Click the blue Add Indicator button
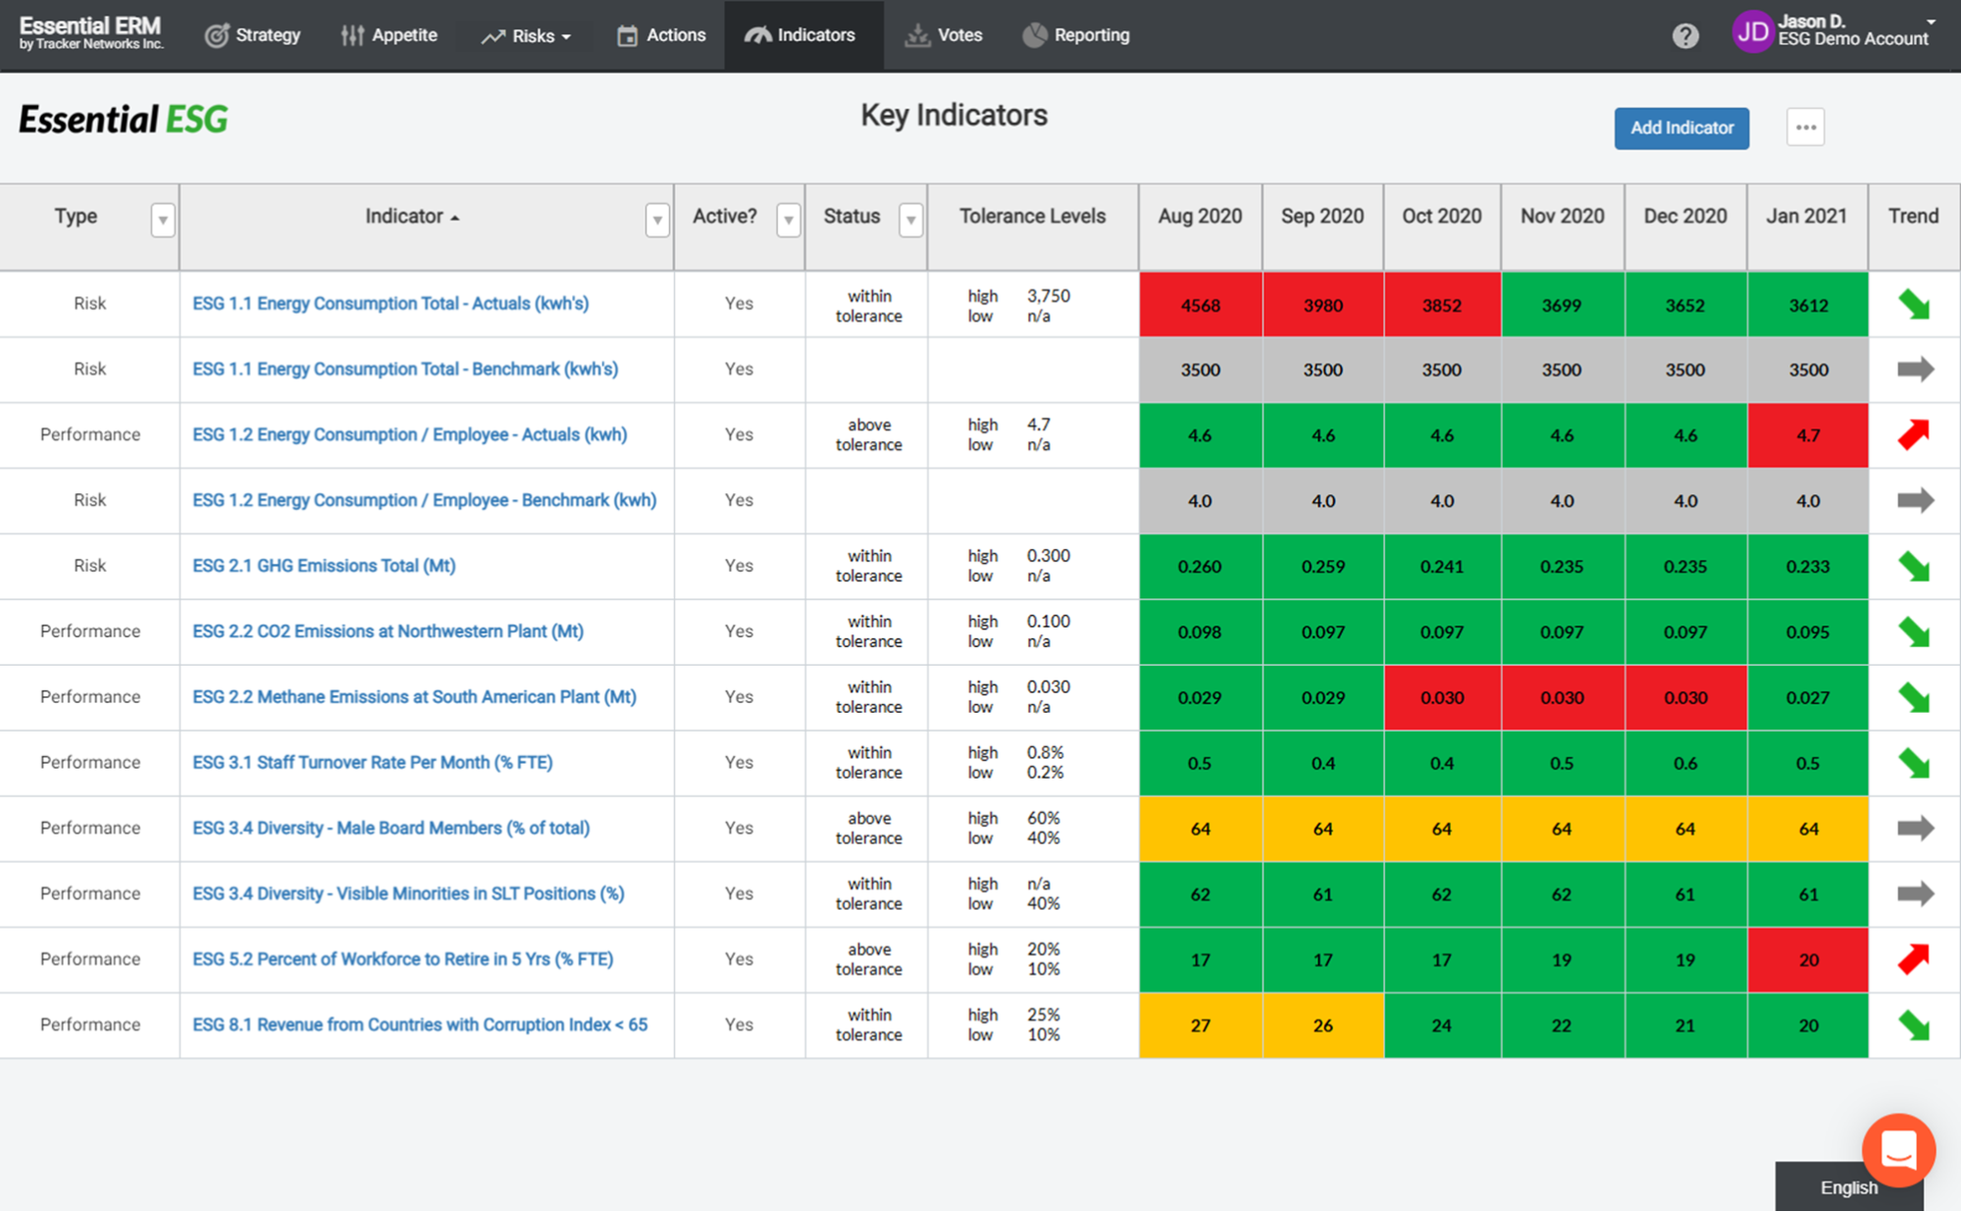1680,127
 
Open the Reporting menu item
1076,35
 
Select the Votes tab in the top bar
944,35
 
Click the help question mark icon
1684,36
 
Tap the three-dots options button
1804,127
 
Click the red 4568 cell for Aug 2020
1200,305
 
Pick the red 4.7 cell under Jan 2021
1807,435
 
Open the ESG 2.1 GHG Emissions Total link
324,566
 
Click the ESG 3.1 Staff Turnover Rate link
372,762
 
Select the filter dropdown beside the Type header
163,220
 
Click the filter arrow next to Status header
910,220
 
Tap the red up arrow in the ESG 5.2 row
1913,959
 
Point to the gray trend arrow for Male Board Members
1914,829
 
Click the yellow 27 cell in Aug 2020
1200,1026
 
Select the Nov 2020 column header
1562,217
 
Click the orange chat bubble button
1898,1149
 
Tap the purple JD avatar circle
1752,32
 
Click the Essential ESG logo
124,120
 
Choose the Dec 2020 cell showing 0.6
1684,763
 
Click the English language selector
1848,1187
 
